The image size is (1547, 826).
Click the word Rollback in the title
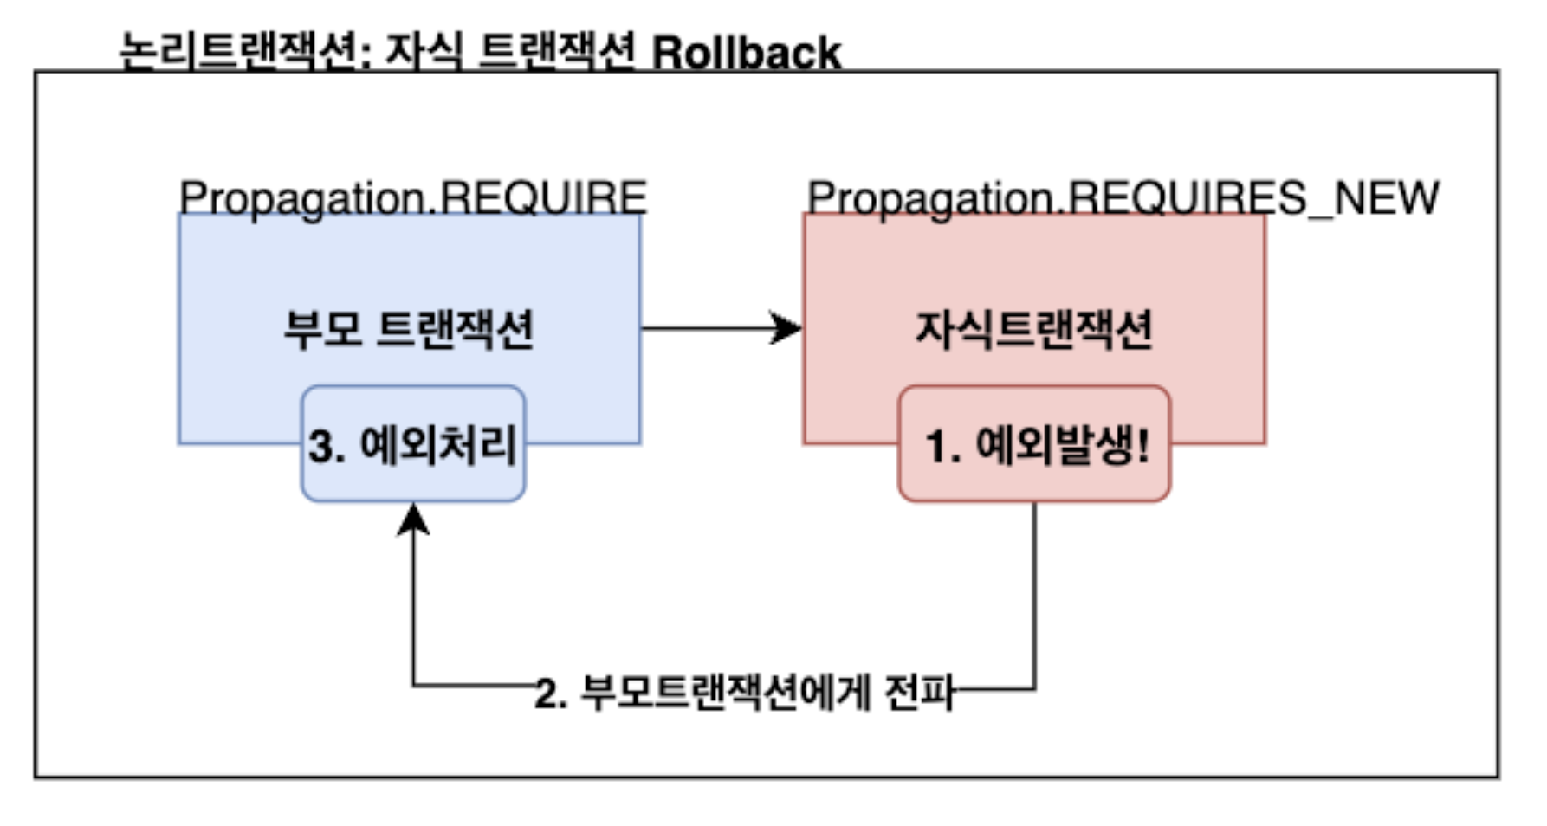click(746, 53)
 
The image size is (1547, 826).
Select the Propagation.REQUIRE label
click(413, 198)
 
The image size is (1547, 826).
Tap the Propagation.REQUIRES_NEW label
click(1123, 198)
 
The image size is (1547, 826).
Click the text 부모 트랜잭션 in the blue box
click(409, 329)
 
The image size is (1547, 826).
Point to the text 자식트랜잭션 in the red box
click(1034, 329)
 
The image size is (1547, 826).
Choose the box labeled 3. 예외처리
click(413, 443)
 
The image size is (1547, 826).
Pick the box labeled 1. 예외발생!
click(1034, 443)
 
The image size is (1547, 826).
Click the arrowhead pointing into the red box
click(786, 329)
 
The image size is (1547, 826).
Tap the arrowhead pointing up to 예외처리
click(413, 519)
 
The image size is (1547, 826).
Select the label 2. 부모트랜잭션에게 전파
click(744, 693)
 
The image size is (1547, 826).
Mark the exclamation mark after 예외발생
click(1143, 445)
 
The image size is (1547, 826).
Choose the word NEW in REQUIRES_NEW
click(1386, 198)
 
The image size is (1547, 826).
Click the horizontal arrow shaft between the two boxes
click(706, 329)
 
